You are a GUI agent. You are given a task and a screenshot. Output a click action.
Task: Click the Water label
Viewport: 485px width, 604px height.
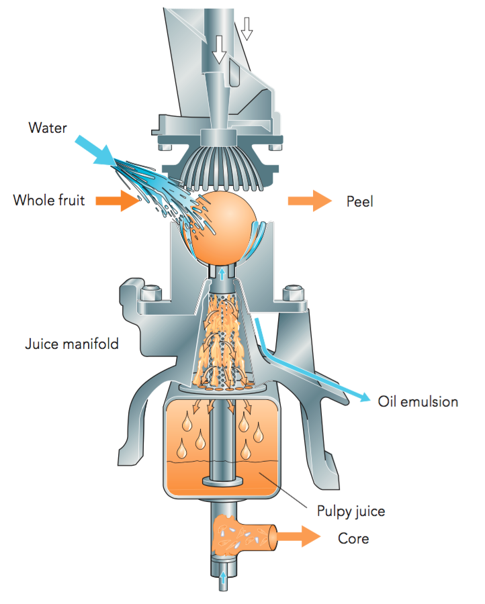click(48, 127)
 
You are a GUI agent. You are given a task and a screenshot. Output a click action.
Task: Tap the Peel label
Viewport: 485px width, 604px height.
click(359, 201)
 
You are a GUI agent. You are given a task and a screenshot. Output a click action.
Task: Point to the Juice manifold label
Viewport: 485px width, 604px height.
click(72, 344)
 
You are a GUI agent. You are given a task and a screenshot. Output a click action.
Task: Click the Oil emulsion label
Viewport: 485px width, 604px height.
click(418, 401)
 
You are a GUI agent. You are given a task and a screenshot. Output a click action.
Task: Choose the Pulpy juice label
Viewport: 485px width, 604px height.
click(351, 511)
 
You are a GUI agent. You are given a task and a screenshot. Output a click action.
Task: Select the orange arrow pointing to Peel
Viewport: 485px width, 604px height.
click(310, 200)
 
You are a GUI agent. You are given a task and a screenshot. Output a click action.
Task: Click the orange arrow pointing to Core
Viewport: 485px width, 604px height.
click(300, 536)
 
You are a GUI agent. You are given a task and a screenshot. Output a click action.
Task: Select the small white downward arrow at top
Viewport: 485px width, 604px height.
click(247, 28)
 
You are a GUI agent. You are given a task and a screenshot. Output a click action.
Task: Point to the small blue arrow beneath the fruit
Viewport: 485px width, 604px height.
click(222, 272)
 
